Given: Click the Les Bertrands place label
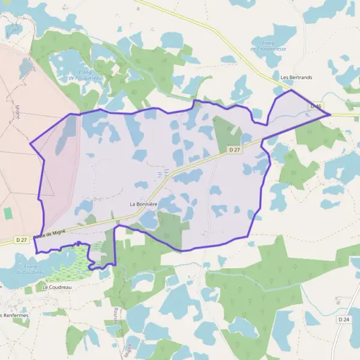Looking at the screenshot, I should coord(296,77).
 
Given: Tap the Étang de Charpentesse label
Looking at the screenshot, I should coord(269,46).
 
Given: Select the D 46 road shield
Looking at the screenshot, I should coord(317,106).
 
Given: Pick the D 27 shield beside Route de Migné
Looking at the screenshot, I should coord(22,239).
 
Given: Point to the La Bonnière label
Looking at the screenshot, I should coord(143,204).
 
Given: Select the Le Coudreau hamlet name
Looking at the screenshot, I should coord(57,287).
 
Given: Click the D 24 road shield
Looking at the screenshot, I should coord(344,320).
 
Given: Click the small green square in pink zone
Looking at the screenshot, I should coord(8,213).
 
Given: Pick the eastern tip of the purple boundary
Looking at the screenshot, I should coord(330,113).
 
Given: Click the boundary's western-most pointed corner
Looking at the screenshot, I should coord(31,143).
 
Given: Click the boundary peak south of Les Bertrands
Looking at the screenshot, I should coord(292,91).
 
